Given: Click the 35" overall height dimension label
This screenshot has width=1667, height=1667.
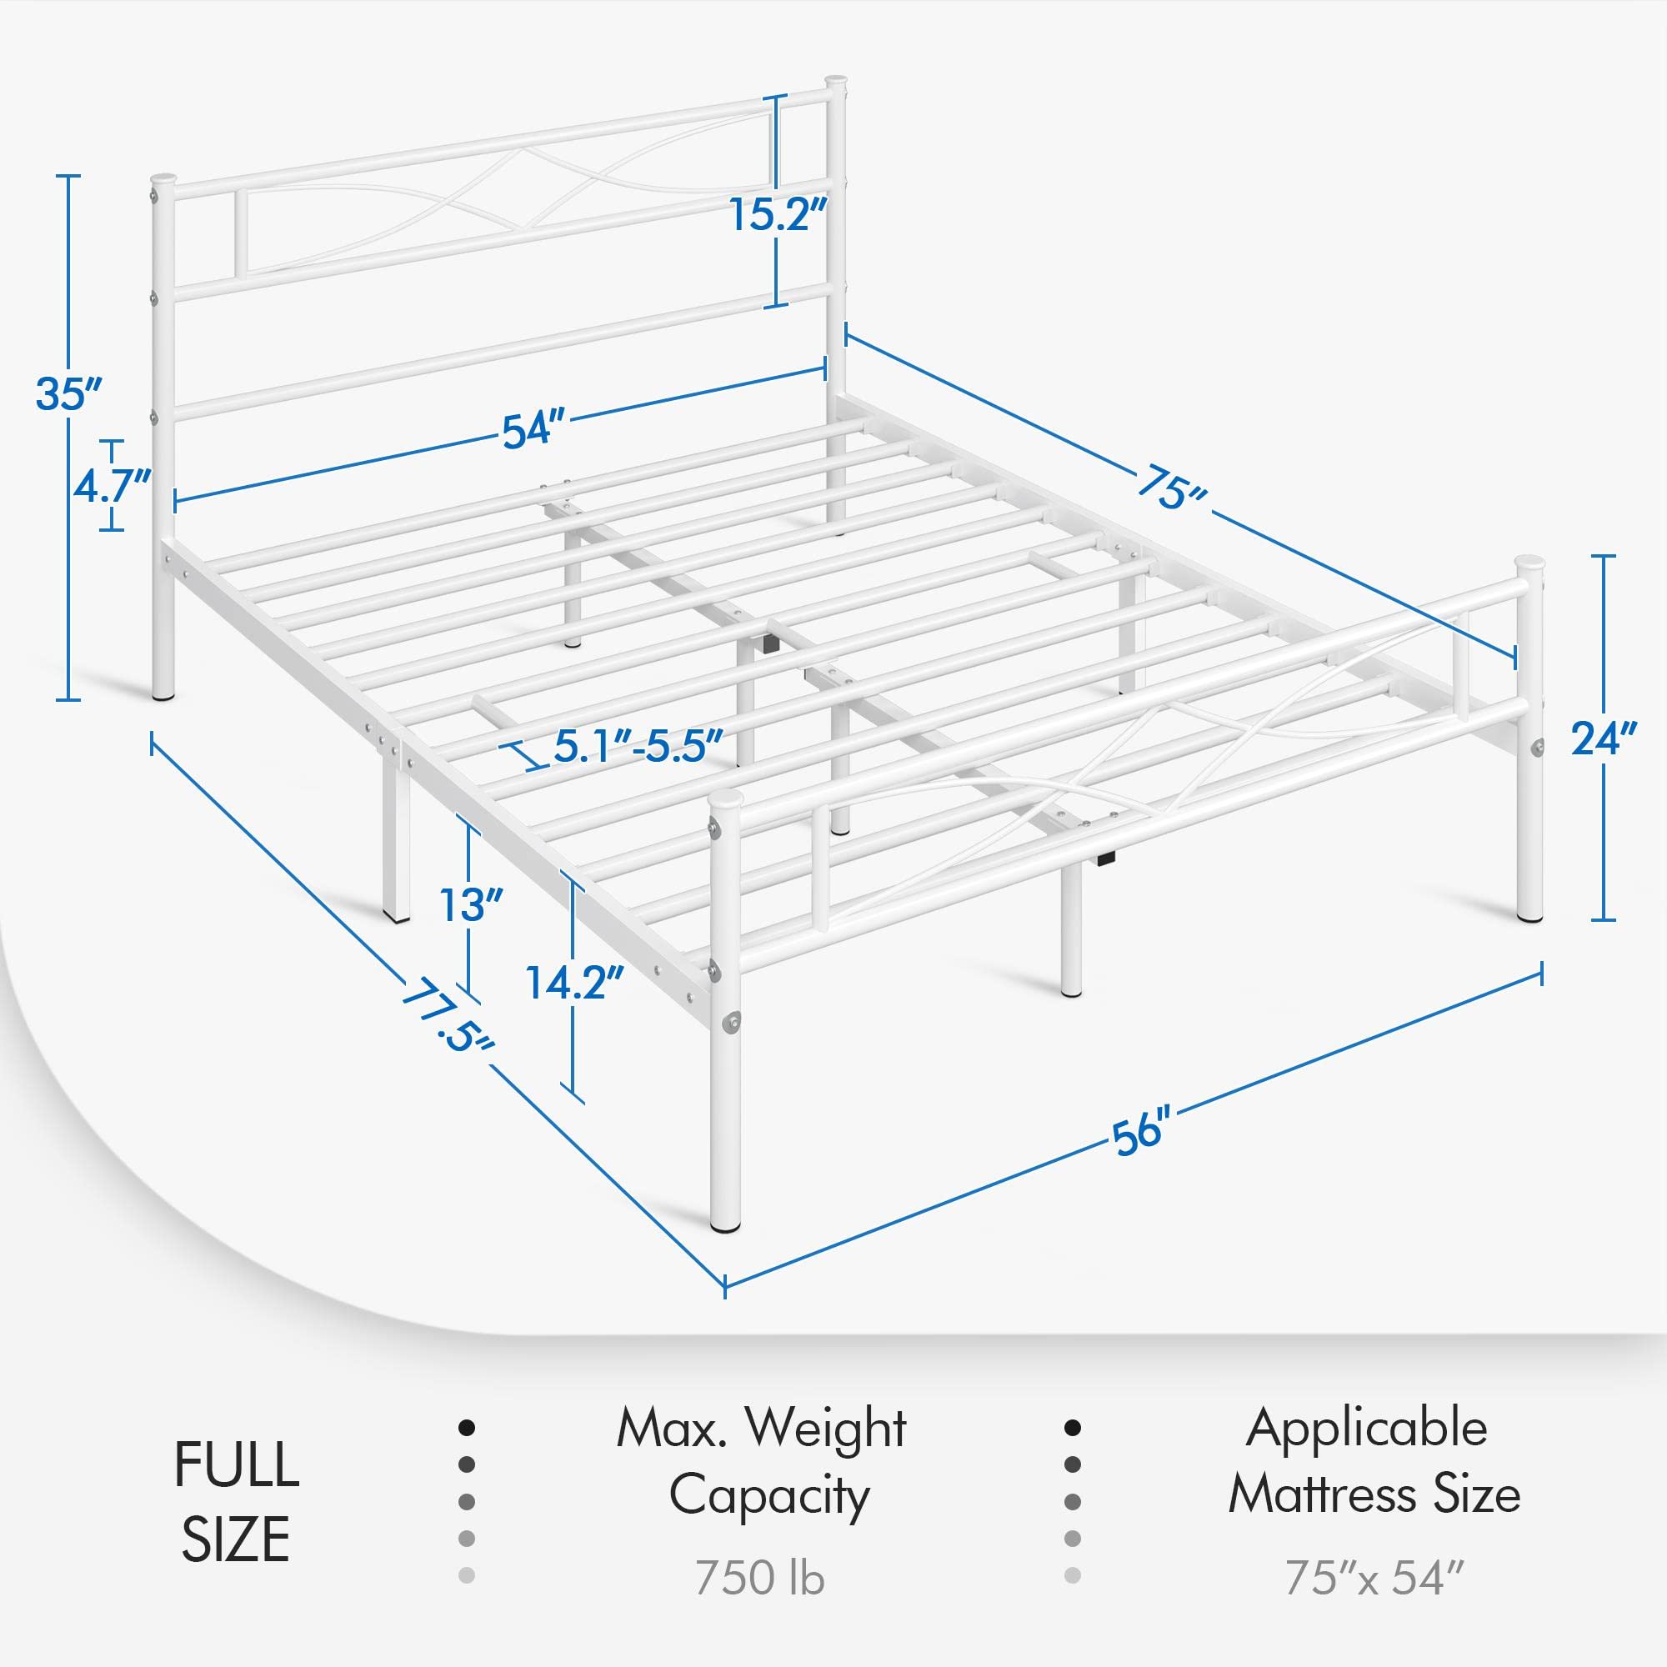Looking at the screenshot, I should pos(68,394).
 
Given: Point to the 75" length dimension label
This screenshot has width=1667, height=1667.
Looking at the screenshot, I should pos(1172,490).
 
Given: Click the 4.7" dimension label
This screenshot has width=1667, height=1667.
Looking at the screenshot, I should pos(112,486).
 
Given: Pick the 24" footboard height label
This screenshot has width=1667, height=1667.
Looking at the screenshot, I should pos(1602,738).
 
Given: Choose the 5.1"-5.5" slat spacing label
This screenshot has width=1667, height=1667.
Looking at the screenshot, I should pos(637,744).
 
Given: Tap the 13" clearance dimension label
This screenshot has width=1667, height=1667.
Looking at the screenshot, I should pos(471,905).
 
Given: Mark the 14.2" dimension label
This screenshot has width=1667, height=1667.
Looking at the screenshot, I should pos(574,982).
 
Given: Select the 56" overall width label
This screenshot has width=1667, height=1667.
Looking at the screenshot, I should pos(1142,1131).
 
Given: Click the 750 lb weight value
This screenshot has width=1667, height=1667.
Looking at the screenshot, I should pos(759,1577).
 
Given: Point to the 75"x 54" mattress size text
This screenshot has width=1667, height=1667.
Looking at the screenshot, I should pos(1374,1577).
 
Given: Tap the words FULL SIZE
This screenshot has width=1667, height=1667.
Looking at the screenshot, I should pos(236,1501).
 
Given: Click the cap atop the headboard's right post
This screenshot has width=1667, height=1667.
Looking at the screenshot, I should pos(834,83).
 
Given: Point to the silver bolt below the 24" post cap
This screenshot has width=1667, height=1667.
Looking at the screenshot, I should pos(1538,747).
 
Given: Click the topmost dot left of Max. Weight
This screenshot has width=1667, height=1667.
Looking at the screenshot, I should pos(467,1428).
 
